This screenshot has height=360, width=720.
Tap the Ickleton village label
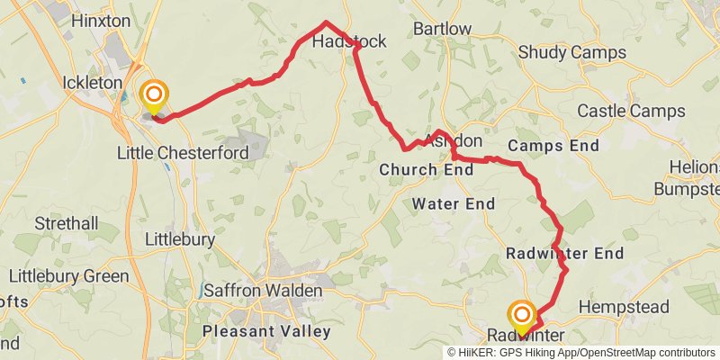click(x=93, y=83)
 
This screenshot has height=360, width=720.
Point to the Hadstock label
click(x=348, y=42)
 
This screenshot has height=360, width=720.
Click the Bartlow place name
click(x=442, y=29)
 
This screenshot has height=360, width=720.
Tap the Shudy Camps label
click(x=572, y=53)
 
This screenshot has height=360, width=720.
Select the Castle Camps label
click(x=631, y=112)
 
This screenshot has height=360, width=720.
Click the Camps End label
click(x=553, y=145)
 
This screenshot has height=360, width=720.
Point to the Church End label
click(x=426, y=169)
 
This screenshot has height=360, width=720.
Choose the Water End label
click(x=454, y=204)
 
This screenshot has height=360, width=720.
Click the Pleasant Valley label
click(x=266, y=331)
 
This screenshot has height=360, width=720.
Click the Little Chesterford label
click(x=183, y=153)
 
